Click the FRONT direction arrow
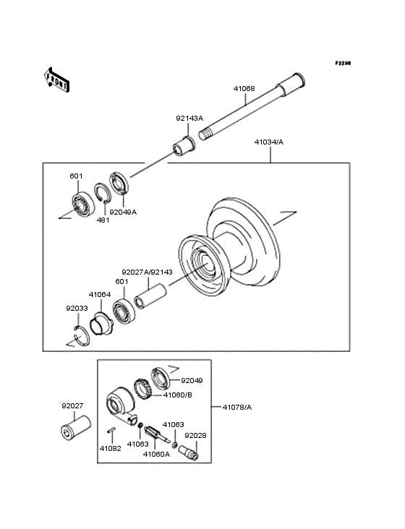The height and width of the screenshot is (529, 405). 56,79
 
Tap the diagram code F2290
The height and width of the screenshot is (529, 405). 343,63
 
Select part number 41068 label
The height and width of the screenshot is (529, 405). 244,89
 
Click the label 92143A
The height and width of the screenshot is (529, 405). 189,118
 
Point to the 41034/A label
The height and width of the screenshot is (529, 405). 269,142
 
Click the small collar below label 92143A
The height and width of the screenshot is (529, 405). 184,146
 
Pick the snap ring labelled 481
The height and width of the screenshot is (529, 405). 102,193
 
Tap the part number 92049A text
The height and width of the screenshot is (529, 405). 123,212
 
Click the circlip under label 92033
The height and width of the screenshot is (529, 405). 82,335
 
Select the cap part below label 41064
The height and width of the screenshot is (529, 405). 101,324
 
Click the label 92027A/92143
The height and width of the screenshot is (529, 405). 147,272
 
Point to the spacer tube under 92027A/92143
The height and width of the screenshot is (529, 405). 150,296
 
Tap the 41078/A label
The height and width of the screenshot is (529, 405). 237,407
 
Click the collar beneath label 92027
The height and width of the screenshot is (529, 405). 76,427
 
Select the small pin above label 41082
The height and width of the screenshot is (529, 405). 111,430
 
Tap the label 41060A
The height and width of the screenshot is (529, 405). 156,454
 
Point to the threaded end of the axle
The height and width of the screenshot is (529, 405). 206,134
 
